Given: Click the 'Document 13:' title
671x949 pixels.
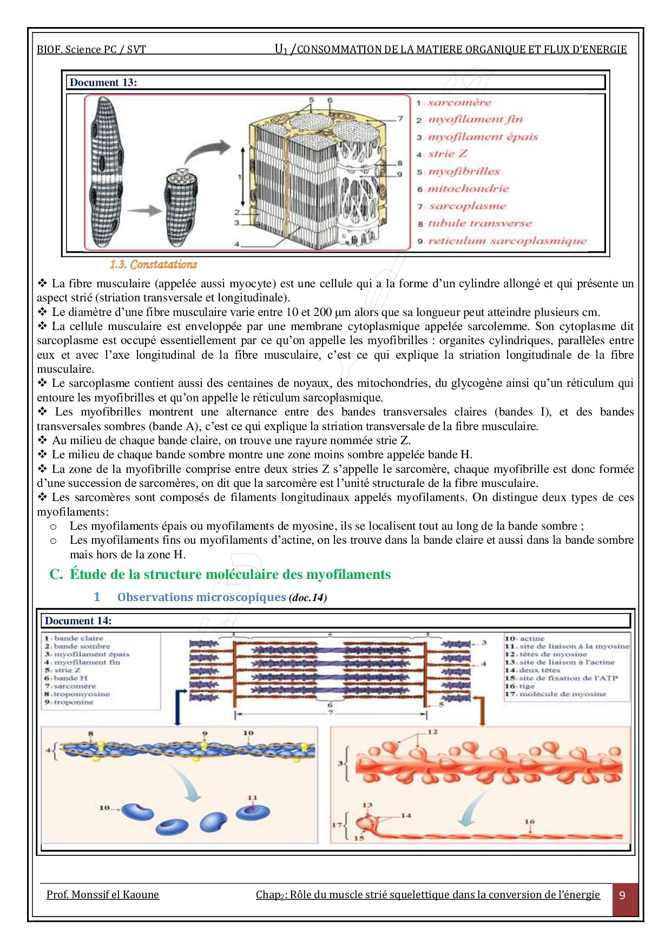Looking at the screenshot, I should tap(103, 82).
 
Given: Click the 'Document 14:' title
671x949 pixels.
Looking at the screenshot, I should tap(78, 621).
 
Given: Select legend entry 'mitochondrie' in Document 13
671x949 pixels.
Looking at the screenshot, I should tap(468, 189).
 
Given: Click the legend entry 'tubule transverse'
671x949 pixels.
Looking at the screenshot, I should tap(479, 223).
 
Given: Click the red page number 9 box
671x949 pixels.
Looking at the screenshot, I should tap(622, 895).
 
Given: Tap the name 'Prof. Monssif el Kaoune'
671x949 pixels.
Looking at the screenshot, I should tap(103, 895).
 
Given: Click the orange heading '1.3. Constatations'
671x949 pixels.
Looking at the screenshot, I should tap(153, 265).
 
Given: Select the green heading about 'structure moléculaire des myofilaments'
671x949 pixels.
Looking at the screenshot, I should tap(230, 575).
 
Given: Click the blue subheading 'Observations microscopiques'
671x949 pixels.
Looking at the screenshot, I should tap(201, 597).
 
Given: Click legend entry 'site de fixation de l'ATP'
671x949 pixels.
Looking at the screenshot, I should tap(568, 678).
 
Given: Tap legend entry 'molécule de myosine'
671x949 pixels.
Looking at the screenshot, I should tap(563, 694).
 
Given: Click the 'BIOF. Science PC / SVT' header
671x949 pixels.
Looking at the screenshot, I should tap(91, 50).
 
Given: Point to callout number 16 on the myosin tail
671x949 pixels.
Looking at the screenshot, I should tap(529, 822).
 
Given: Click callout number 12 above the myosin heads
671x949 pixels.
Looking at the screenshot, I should tap(432, 732).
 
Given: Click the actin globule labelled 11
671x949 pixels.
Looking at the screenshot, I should tap(252, 811).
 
